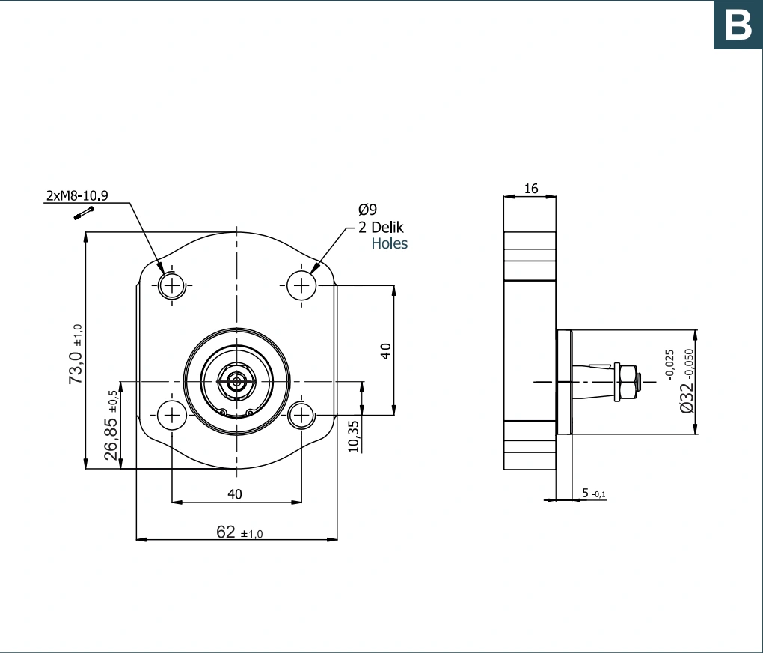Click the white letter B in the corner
coord(738,25)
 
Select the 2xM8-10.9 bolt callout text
coord(77,196)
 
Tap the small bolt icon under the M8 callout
coord(84,213)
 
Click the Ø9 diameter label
coord(367,210)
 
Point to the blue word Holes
coord(389,243)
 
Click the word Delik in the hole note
coord(387,227)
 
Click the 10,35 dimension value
coord(354,436)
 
